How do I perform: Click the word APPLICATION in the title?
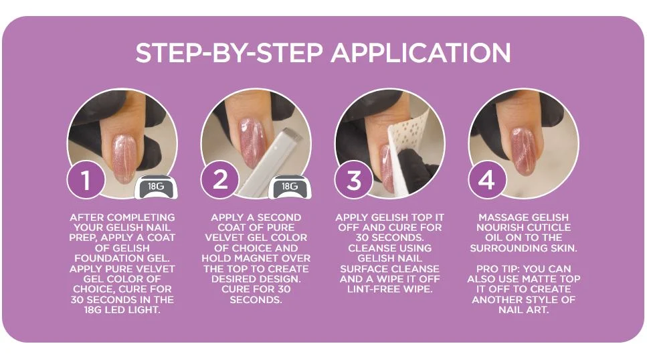pyautogui.click(x=420, y=53)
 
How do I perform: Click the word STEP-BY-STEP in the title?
pyautogui.click(x=229, y=53)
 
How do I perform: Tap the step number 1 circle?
pyautogui.click(x=86, y=179)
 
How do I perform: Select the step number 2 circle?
pyautogui.click(x=220, y=179)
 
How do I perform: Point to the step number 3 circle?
pyautogui.click(x=354, y=179)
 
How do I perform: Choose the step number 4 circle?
pyautogui.click(x=487, y=179)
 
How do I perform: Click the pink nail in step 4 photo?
pyautogui.click(x=524, y=151)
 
